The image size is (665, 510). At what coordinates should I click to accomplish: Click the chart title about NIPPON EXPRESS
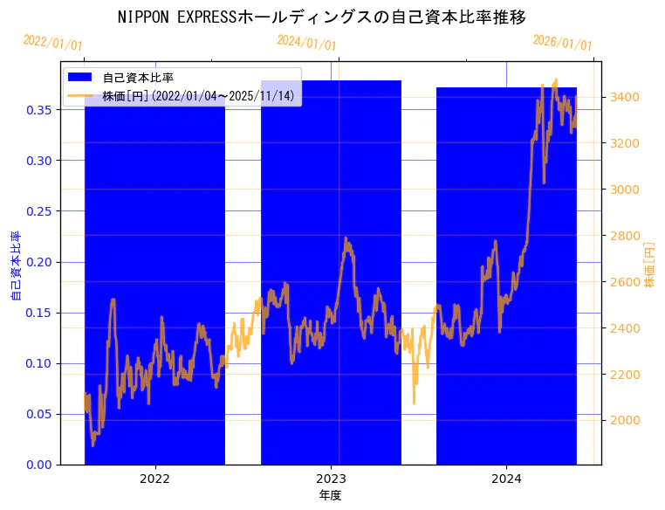click(x=322, y=17)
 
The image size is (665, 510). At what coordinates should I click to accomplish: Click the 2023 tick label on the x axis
click(x=331, y=479)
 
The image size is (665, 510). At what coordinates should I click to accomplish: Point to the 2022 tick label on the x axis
click(x=154, y=479)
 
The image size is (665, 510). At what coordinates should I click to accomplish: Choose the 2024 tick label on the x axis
click(x=506, y=479)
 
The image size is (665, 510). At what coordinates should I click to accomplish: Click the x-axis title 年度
click(x=331, y=495)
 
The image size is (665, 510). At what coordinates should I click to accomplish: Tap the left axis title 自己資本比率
click(x=16, y=265)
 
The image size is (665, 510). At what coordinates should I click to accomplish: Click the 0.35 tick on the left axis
click(x=38, y=110)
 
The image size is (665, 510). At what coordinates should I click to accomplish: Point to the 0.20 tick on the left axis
click(x=38, y=262)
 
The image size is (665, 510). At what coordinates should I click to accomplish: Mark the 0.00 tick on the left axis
click(x=38, y=465)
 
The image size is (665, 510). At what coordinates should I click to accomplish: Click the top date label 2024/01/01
click(x=306, y=42)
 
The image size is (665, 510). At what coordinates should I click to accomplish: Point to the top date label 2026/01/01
click(x=562, y=42)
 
